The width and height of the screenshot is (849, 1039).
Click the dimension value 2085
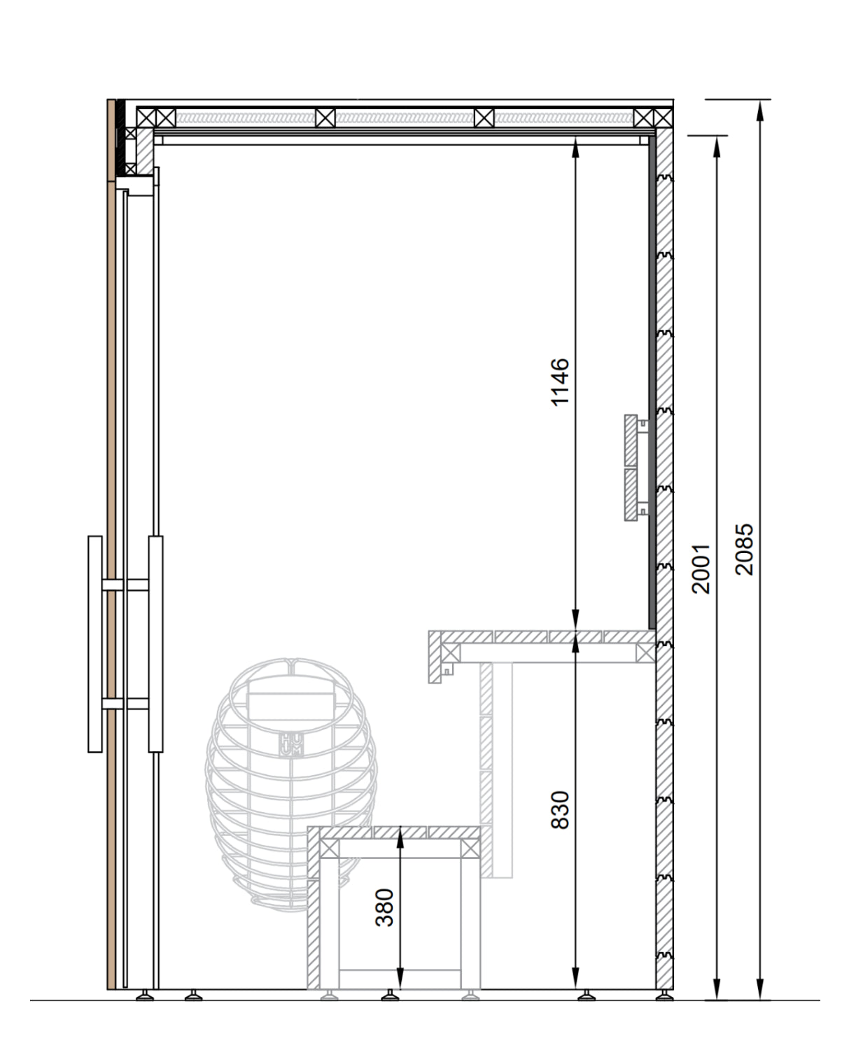coord(743,549)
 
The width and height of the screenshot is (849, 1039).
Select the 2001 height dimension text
coord(701,569)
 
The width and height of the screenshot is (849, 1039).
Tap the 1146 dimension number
coord(560,382)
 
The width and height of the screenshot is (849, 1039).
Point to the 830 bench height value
coord(560,811)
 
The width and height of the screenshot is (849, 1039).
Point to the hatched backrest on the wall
coord(631,468)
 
